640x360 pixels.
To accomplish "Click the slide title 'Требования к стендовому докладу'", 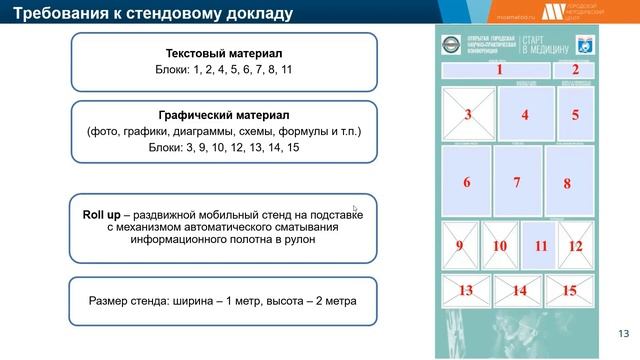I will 153,14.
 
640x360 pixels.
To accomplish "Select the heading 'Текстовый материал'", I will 224,52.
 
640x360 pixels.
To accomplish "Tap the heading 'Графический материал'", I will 224,115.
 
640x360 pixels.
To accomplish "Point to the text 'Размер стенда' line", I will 223,299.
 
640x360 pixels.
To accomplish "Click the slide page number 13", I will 623,333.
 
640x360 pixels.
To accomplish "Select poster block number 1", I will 498,70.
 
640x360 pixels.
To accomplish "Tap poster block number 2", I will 574,70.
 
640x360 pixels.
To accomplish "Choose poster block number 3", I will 467,115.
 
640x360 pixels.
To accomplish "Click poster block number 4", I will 524,115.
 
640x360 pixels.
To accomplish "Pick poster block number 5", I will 575,115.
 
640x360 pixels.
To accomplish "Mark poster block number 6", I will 466,182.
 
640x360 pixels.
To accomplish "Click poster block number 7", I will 516,182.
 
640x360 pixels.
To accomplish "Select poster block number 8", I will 567,182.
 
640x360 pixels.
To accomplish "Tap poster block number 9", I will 459,245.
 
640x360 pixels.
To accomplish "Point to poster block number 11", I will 540,245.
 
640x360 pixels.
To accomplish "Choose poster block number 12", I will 575,245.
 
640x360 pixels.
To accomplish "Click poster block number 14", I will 517,291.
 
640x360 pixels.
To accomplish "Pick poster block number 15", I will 568,291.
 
